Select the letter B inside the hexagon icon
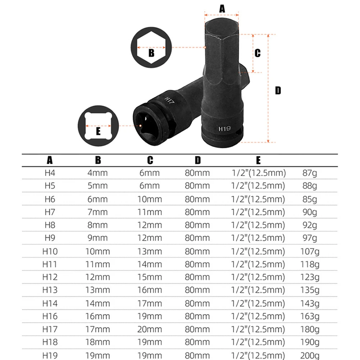(x=151, y=53)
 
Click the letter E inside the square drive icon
(x=98, y=131)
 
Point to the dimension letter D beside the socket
(x=278, y=90)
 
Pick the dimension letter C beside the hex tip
(x=258, y=53)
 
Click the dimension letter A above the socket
(x=222, y=8)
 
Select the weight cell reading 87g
(x=310, y=173)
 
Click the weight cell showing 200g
(x=310, y=355)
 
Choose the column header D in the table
(x=197, y=160)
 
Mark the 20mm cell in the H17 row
(x=150, y=329)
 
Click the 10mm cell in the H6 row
(x=150, y=199)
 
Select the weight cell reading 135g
(x=310, y=290)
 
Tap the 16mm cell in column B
(x=97, y=316)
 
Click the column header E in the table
(x=258, y=160)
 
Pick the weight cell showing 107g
(x=310, y=251)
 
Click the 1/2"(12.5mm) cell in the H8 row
(x=259, y=225)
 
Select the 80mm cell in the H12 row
(x=197, y=277)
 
